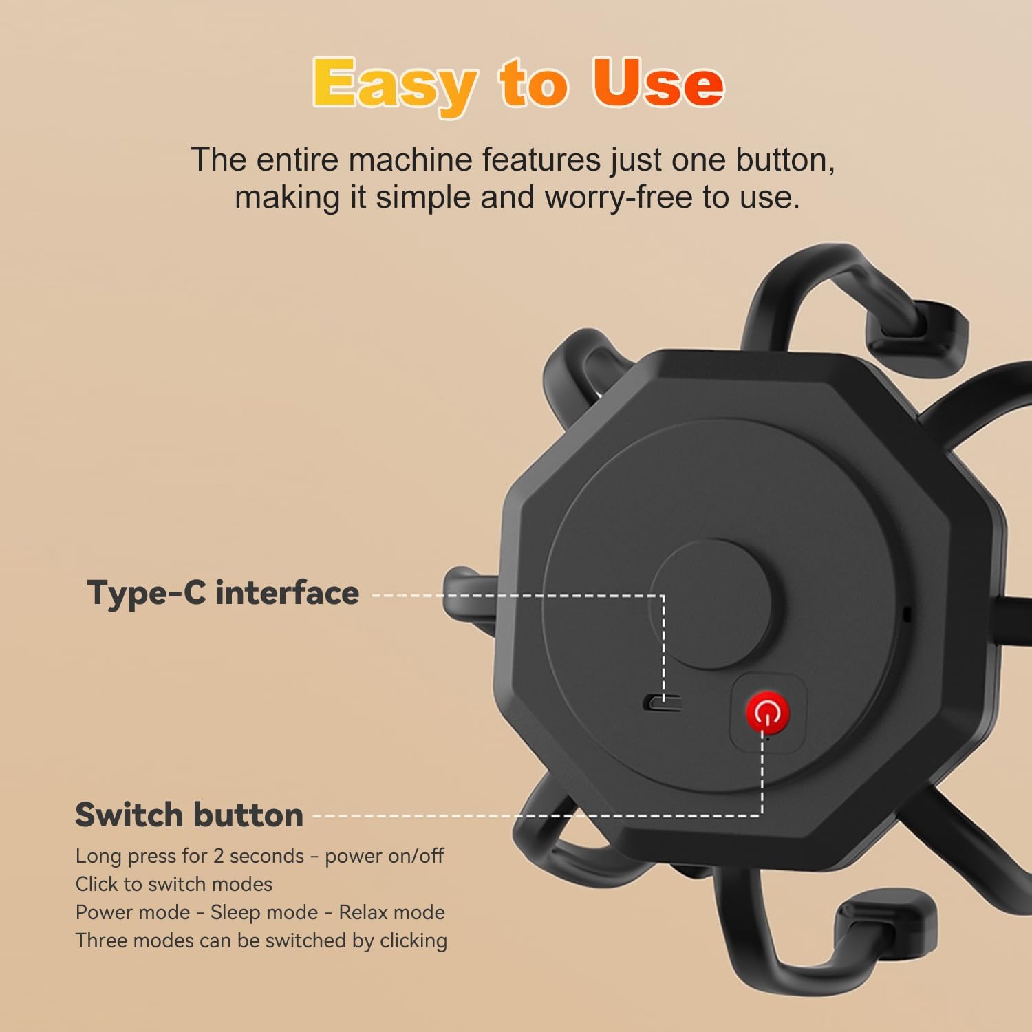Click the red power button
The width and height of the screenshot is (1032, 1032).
[767, 713]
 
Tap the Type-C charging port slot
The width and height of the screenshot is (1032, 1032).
[662, 703]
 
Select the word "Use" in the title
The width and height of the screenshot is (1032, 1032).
[658, 83]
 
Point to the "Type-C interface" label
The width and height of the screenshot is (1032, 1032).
[223, 593]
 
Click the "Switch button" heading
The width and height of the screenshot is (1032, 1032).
[189, 815]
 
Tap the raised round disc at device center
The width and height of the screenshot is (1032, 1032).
[709, 604]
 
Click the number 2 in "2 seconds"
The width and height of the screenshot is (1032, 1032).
[219, 856]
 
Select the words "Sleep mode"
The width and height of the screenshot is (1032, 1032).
[264, 912]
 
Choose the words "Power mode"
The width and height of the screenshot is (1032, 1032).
[133, 912]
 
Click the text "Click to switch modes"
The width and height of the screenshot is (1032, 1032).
[174, 884]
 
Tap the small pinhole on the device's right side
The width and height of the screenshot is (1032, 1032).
[907, 614]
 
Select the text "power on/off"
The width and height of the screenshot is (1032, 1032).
[385, 856]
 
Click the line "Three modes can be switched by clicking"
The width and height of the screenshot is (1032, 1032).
[261, 940]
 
